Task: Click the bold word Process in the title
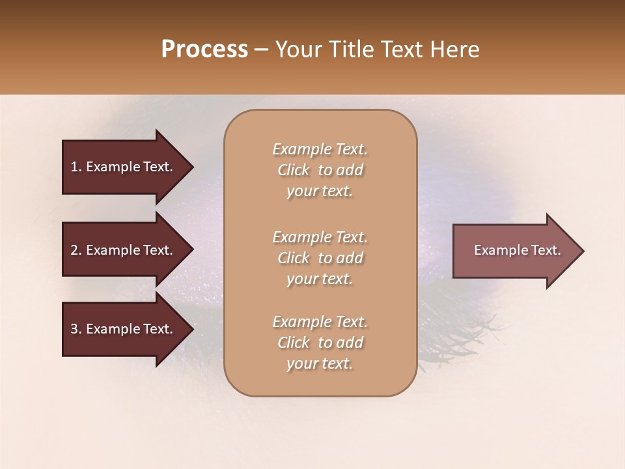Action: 204,50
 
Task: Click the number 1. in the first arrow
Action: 76,167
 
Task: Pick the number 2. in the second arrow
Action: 76,250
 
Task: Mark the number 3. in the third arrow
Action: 76,329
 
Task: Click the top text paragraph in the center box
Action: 320,170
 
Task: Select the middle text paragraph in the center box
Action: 320,257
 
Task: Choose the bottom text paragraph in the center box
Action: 320,343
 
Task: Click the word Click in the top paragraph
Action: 294,170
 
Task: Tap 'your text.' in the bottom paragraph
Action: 320,364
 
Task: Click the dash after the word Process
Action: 262,50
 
